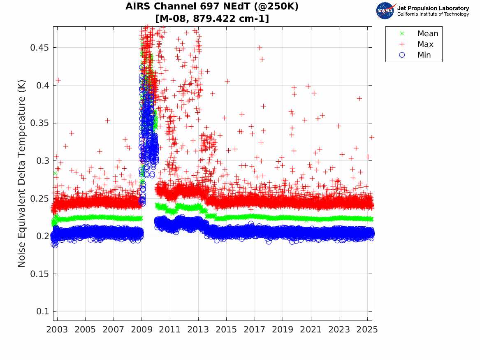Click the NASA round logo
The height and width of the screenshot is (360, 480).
(x=386, y=11)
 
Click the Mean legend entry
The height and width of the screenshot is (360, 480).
(x=427, y=34)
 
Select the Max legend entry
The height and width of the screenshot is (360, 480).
(x=425, y=44)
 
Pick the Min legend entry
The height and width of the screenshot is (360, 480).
(x=424, y=55)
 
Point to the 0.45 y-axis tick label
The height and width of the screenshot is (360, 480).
(x=39, y=48)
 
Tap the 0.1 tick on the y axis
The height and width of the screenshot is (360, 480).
(x=43, y=311)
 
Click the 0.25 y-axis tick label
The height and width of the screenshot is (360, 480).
(x=39, y=198)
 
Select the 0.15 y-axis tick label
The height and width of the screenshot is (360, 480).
(x=39, y=274)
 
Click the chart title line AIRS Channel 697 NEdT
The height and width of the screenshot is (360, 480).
(x=212, y=7)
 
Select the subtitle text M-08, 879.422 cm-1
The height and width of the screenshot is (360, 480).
(x=212, y=18)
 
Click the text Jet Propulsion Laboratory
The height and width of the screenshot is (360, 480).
(x=433, y=8)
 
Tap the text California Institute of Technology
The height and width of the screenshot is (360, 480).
(x=433, y=14)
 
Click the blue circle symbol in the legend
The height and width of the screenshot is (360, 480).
(x=402, y=55)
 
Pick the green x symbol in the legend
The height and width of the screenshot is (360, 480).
(x=402, y=34)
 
